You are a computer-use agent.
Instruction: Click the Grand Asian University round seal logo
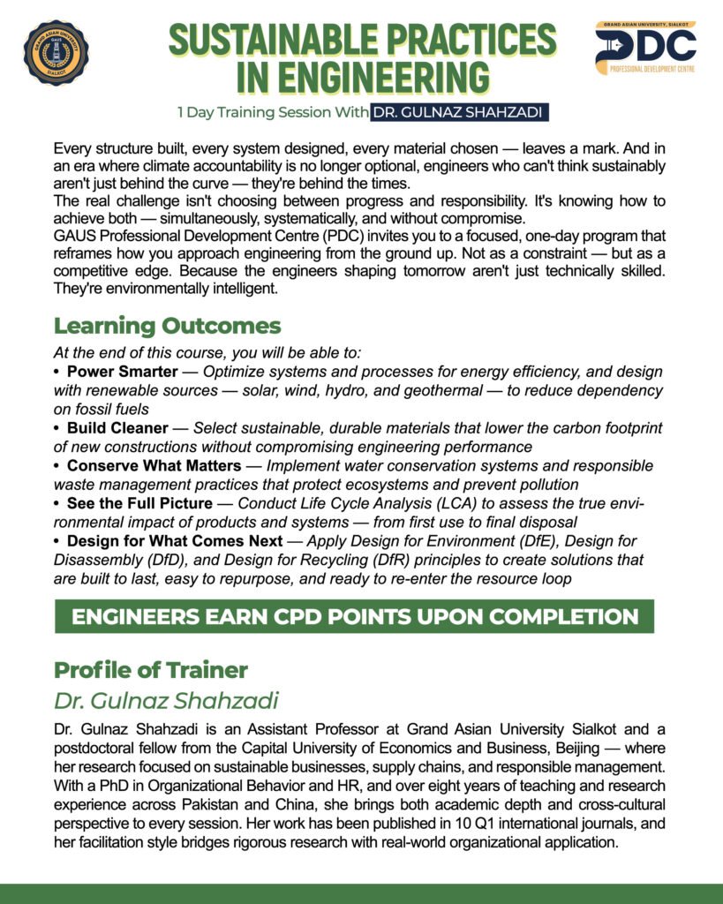pyautogui.click(x=56, y=54)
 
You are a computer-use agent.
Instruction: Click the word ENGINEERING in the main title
pyautogui.click(x=362, y=77)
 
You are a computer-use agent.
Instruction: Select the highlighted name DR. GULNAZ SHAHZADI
pyautogui.click(x=457, y=113)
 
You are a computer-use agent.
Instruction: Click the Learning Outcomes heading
pyautogui.click(x=167, y=326)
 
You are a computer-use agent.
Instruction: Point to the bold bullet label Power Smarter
pyautogui.click(x=122, y=371)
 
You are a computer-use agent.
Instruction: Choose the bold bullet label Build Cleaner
pyautogui.click(x=117, y=428)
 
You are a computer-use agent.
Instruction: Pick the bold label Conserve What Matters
pyautogui.click(x=154, y=465)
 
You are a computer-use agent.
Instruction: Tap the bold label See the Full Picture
pyautogui.click(x=139, y=503)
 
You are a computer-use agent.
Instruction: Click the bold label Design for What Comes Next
pyautogui.click(x=187, y=540)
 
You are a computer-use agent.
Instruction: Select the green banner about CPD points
pyautogui.click(x=354, y=616)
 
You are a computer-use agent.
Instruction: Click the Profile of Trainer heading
pyautogui.click(x=150, y=670)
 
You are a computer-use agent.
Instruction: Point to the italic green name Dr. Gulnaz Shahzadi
pyautogui.click(x=166, y=702)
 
